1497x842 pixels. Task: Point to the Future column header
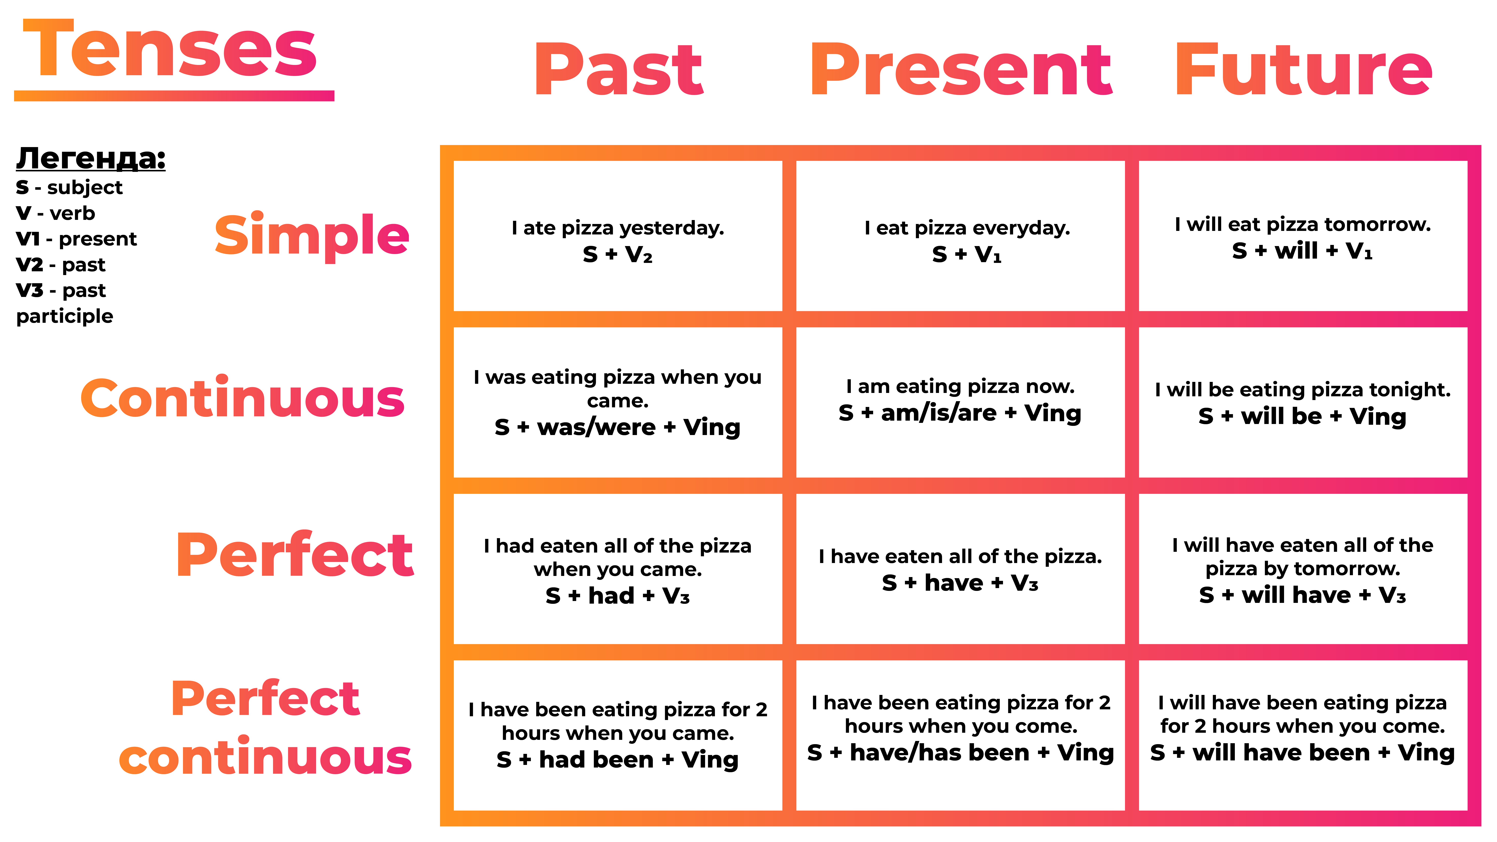[1304, 70]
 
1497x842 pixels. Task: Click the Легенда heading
[91, 158]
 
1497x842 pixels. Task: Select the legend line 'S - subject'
[69, 187]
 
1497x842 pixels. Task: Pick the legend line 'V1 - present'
[76, 239]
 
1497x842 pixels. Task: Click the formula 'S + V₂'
[618, 254]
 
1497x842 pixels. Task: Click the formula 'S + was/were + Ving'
[618, 427]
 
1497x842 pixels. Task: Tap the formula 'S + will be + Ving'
[1302, 416]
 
